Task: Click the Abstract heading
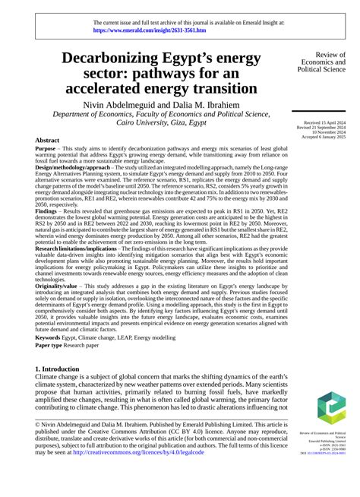pos(49,141)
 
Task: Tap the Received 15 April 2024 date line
pos(324,122)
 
